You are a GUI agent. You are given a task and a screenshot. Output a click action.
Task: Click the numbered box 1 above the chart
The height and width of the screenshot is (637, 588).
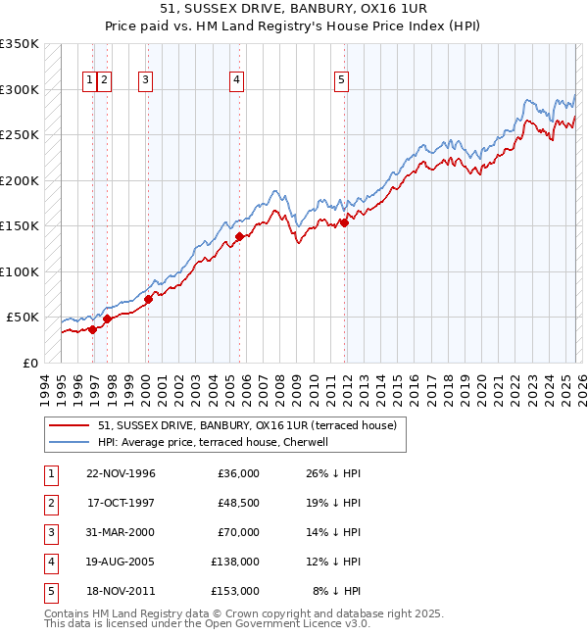point(89,81)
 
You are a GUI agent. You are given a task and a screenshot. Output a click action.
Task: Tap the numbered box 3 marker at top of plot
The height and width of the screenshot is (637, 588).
point(145,81)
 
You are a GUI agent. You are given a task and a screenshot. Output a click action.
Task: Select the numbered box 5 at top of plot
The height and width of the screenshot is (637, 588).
point(341,81)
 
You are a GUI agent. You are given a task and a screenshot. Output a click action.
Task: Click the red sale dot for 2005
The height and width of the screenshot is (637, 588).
point(239,236)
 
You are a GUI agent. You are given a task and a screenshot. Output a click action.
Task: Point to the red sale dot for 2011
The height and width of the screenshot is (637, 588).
point(345,222)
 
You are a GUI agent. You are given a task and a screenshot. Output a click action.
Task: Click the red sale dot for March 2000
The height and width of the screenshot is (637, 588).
point(148,299)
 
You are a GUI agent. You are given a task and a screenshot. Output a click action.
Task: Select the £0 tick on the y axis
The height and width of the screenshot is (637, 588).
point(31,363)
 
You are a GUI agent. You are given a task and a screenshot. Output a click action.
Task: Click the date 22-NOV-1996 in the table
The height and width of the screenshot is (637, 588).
point(121,473)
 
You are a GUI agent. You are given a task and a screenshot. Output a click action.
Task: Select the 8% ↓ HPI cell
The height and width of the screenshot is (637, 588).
point(336,591)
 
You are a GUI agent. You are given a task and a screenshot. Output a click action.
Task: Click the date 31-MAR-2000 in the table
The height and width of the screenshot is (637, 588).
point(121,532)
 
